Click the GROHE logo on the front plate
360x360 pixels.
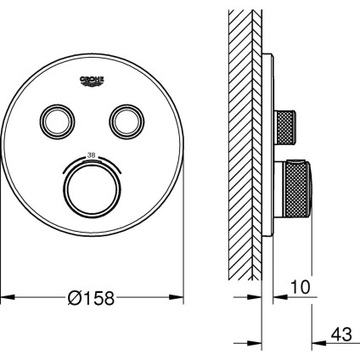[93, 80]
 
